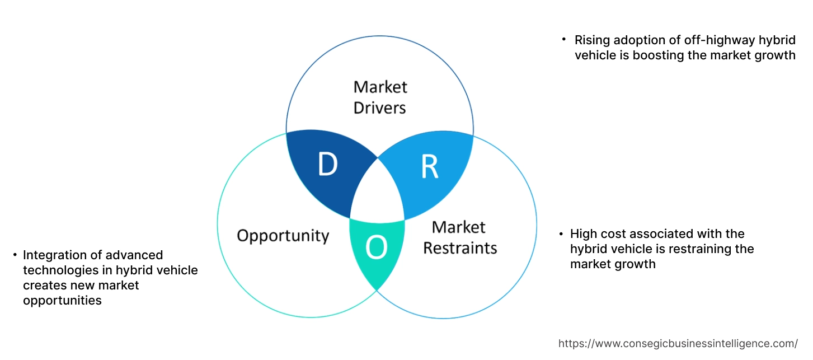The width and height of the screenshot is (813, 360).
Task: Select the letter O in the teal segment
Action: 377,249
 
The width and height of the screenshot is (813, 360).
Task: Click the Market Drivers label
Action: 380,97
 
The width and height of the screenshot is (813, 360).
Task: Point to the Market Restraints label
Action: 459,237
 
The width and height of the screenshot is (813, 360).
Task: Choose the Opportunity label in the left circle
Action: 283,235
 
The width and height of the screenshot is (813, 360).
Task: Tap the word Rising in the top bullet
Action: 592,40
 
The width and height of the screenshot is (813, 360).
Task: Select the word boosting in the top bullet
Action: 650,55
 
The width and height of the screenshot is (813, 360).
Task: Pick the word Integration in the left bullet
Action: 55,255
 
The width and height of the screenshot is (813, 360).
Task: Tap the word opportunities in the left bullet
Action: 62,301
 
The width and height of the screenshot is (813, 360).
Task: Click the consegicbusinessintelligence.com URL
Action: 678,343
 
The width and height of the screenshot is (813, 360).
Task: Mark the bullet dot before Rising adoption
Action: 564,40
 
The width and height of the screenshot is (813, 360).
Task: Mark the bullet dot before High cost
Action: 560,233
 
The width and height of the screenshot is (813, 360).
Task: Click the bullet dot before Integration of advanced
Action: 15,255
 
